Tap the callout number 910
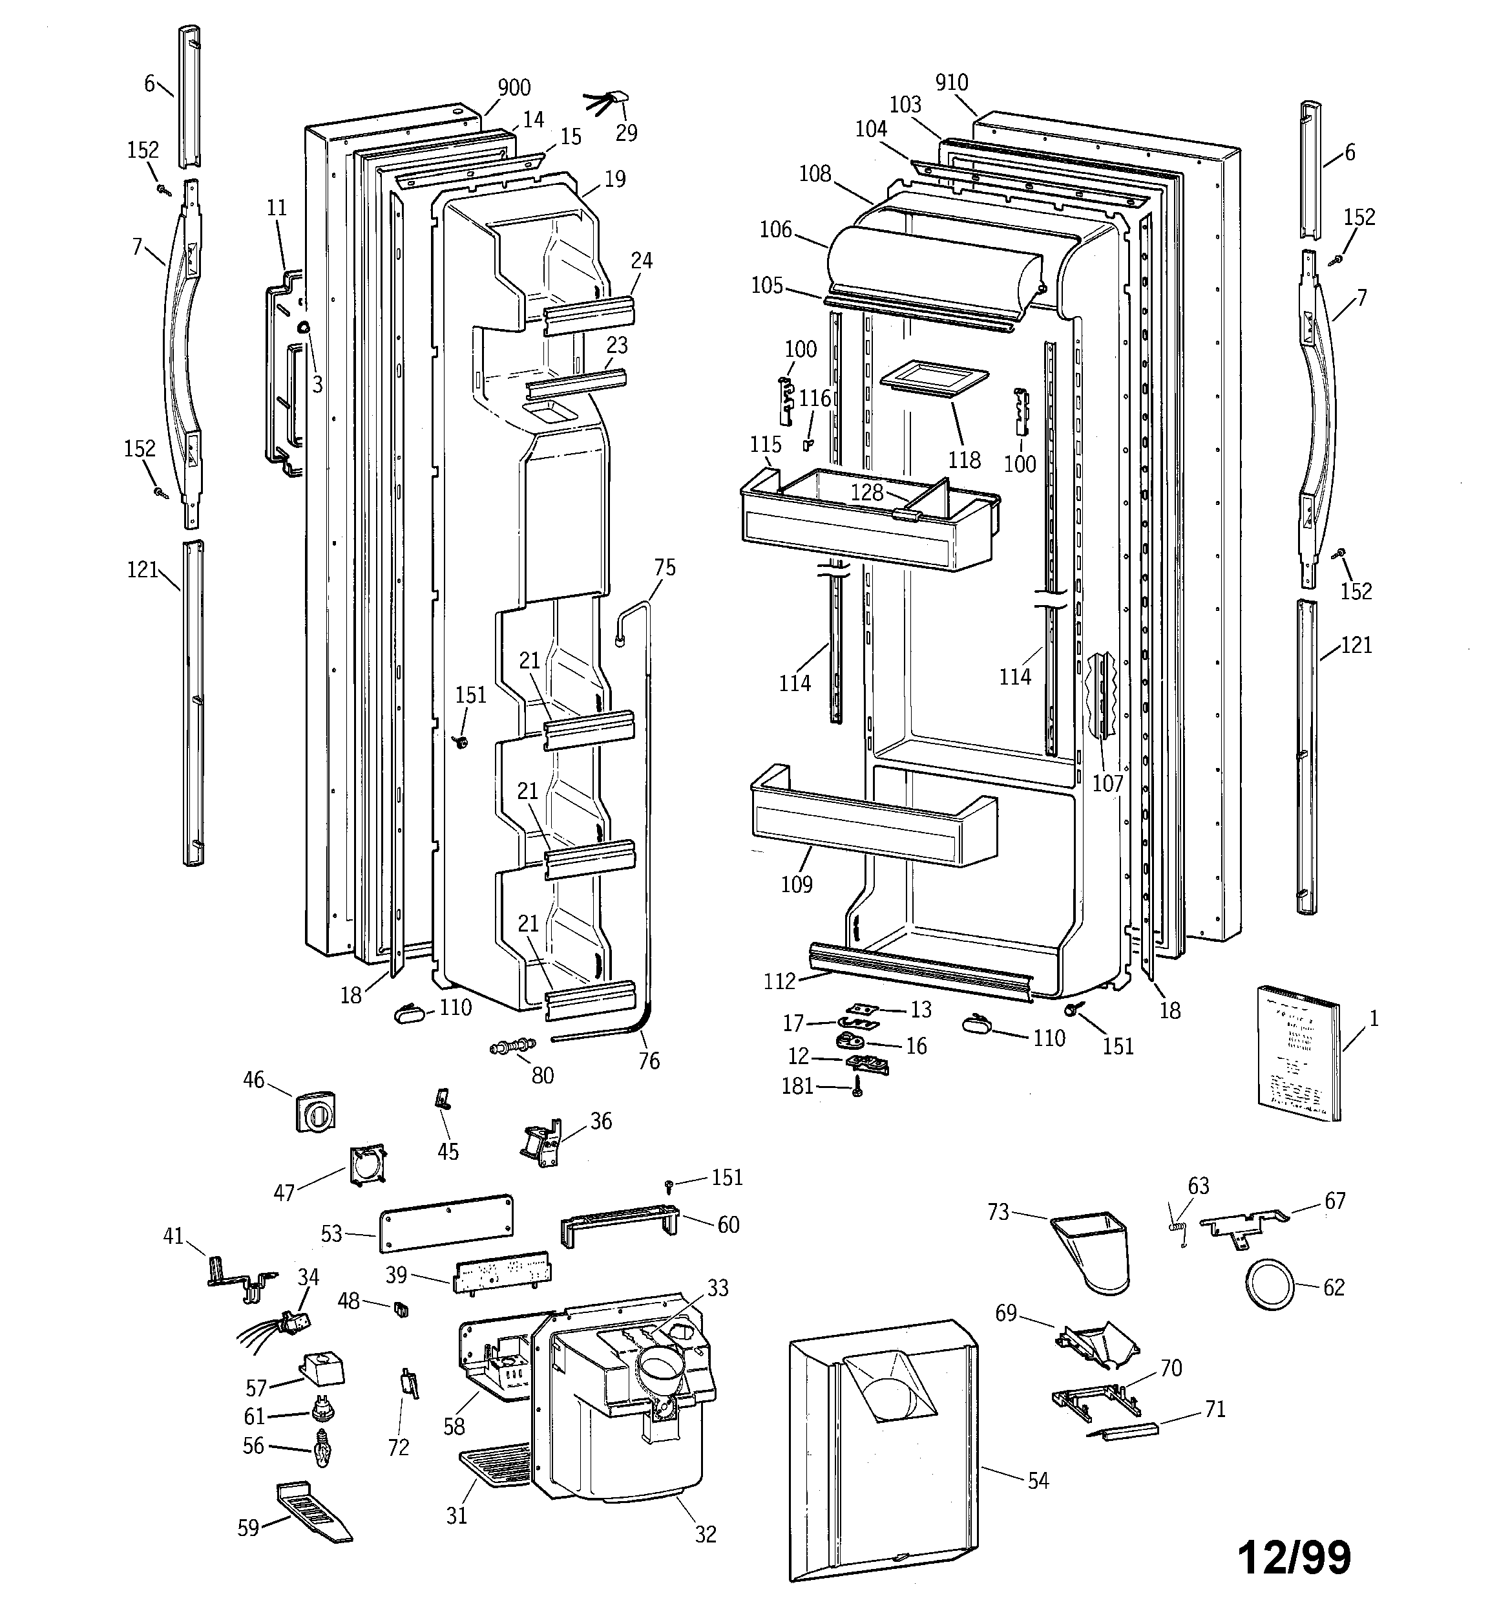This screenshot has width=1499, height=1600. [952, 82]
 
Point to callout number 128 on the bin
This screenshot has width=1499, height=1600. [866, 492]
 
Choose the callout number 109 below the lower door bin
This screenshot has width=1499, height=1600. [797, 884]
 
